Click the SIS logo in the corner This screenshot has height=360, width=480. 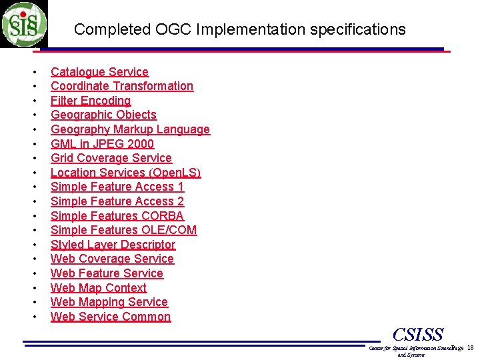click(x=24, y=24)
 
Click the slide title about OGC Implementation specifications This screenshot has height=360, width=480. click(x=239, y=29)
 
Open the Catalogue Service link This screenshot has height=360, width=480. click(x=99, y=72)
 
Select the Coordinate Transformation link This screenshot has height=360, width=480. click(x=122, y=86)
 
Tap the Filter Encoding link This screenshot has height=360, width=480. click(x=91, y=101)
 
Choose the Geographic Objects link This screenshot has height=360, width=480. click(x=103, y=115)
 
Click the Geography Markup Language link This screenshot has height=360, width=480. click(x=130, y=129)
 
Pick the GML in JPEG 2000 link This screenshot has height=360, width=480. click(x=102, y=144)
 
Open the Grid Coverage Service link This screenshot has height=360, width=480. click(x=111, y=158)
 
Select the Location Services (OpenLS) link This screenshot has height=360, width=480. click(x=125, y=173)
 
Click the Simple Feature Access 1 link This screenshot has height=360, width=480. click(x=117, y=187)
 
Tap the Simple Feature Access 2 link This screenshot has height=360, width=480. click(x=117, y=201)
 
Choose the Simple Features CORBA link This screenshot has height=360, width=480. click(x=117, y=216)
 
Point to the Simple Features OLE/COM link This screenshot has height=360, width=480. click(x=123, y=230)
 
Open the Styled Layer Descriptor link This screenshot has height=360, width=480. click(x=113, y=245)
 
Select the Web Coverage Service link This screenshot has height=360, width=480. click(x=112, y=259)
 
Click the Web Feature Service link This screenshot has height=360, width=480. click(x=107, y=273)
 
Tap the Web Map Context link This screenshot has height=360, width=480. click(x=99, y=288)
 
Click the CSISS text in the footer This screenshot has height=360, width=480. click(x=418, y=334)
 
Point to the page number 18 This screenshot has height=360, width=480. click(x=470, y=348)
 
